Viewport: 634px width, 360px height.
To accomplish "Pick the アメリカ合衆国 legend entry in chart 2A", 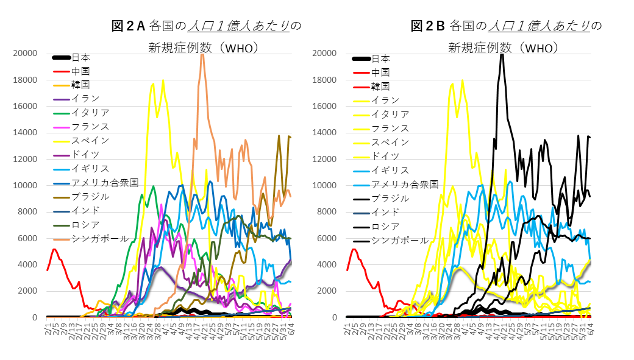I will point(105,182).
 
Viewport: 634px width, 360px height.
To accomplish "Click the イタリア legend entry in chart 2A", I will point(90,112).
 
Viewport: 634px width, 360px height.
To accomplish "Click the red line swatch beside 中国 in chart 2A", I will point(62,71).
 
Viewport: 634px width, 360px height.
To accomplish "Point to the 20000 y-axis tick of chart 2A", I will point(26,54).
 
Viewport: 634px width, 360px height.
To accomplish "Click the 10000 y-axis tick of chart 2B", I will point(325,186).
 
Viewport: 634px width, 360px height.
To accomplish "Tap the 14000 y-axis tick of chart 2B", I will point(325,133).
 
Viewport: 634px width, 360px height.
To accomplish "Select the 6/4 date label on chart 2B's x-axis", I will point(589,329).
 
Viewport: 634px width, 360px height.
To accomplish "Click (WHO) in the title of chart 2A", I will point(240,48).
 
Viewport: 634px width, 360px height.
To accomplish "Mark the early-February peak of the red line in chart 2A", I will point(54,249).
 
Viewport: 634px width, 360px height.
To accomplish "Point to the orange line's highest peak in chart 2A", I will point(202,54).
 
